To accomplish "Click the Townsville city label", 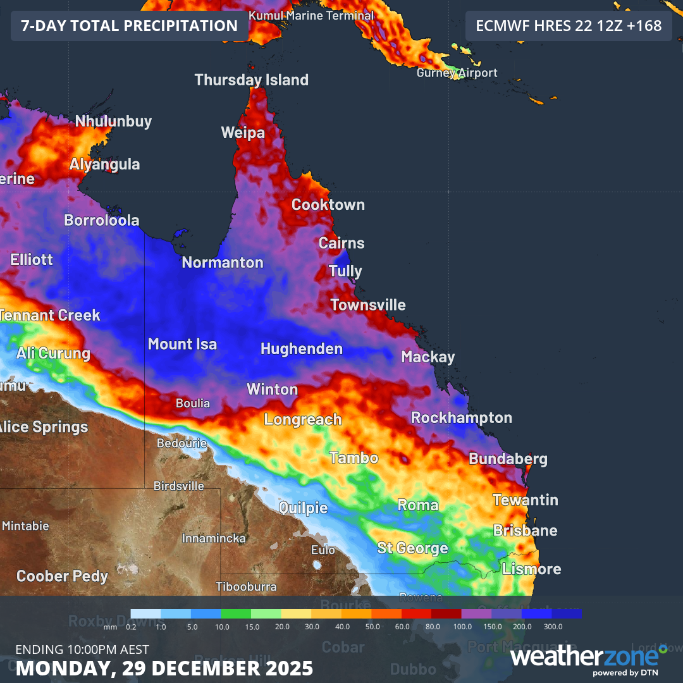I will coord(367,305).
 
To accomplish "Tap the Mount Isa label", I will coord(182,344).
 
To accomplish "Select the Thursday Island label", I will coord(251,80).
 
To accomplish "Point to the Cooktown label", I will coord(328,205).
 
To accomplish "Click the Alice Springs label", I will coord(43,427).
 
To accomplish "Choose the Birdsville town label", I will coord(179,486).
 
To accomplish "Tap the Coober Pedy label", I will coord(62,576).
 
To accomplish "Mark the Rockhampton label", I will coord(461,418).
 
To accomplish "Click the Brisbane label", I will coord(525,530).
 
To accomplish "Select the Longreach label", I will coord(302,419).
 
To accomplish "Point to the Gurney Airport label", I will coord(457,73).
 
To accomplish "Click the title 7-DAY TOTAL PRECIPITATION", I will coord(129,26).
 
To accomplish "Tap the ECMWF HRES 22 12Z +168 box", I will coord(568,26).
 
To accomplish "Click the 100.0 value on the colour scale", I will coord(462,626).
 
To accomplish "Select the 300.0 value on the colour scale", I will coord(553,626).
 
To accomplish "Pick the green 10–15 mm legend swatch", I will coord(236,613).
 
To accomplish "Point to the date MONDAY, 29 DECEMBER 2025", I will coord(164,668).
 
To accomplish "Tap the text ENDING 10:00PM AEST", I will coord(82,649).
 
